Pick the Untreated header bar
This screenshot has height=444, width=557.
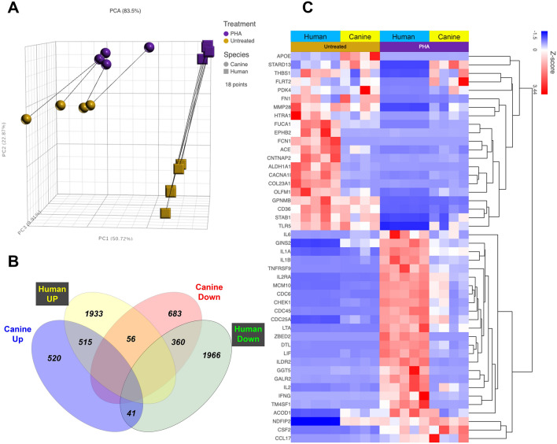pyautogui.click(x=335, y=46)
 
